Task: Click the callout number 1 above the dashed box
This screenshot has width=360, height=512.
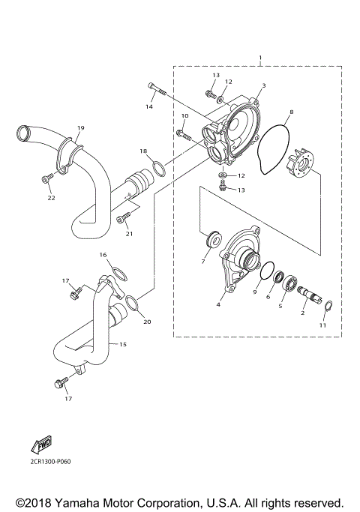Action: pos(259,58)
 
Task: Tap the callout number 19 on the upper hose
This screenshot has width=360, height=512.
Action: pos(80,128)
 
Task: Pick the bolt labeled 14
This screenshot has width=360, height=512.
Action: pos(157,91)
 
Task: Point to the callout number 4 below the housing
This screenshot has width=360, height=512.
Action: pos(218,305)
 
